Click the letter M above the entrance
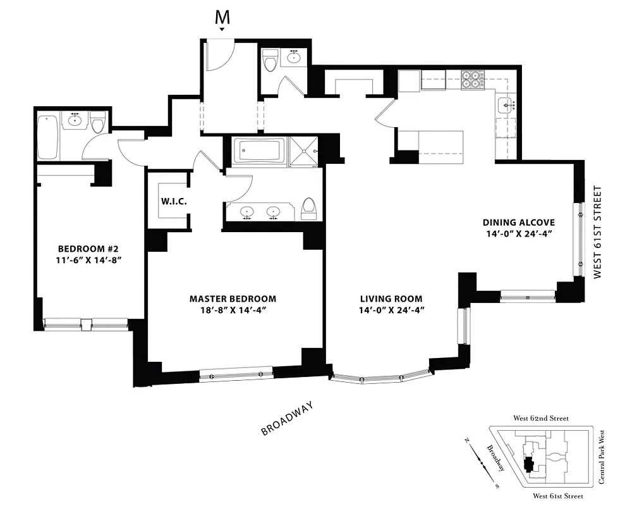point(222,18)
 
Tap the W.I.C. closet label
point(173,202)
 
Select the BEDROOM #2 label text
point(85,248)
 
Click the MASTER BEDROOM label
point(233,299)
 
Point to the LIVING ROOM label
point(391,299)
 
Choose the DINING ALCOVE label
point(518,222)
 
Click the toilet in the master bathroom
point(308,208)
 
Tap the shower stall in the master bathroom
point(306,152)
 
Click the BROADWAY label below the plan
point(288,419)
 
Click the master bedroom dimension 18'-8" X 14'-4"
point(233,310)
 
